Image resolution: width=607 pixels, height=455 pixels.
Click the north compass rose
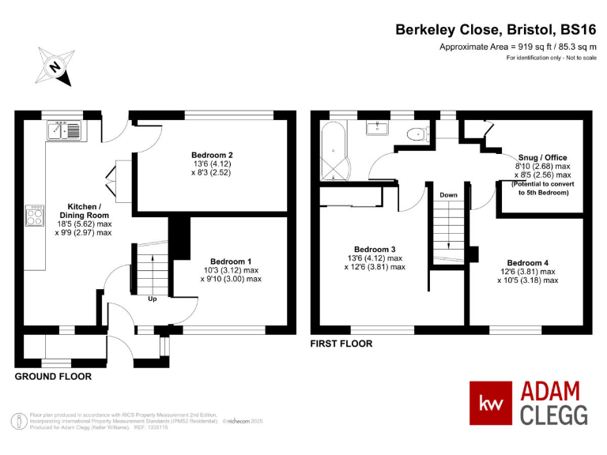(x=55, y=66)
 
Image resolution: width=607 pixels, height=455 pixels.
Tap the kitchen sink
(x=64, y=130)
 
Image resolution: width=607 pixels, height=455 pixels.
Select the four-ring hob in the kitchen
(x=35, y=216)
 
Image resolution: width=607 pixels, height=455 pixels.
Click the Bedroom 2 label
(x=212, y=155)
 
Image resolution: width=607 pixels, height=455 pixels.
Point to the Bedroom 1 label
(x=231, y=261)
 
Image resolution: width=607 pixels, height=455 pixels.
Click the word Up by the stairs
(x=152, y=299)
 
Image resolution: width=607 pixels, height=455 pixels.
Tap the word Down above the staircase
(x=448, y=195)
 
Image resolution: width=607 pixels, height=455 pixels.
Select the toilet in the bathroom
(x=417, y=134)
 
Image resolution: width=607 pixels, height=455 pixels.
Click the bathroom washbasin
(x=377, y=128)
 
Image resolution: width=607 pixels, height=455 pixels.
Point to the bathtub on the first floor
(x=334, y=151)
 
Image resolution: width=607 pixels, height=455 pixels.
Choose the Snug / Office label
(x=542, y=157)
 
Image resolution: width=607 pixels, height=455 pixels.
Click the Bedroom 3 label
(x=375, y=250)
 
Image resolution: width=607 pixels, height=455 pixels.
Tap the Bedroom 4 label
(x=528, y=263)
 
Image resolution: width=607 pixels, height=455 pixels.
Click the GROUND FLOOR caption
(x=53, y=377)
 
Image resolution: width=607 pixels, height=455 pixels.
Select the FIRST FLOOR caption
(x=341, y=344)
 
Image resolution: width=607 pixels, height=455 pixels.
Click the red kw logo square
(x=491, y=403)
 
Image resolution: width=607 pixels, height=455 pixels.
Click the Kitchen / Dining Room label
(x=84, y=211)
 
